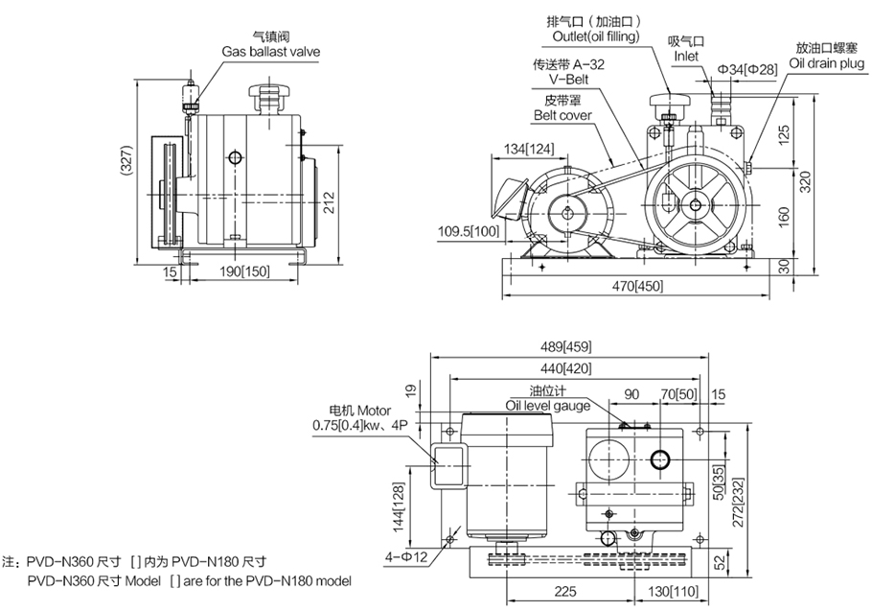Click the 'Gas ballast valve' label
pos(271,51)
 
